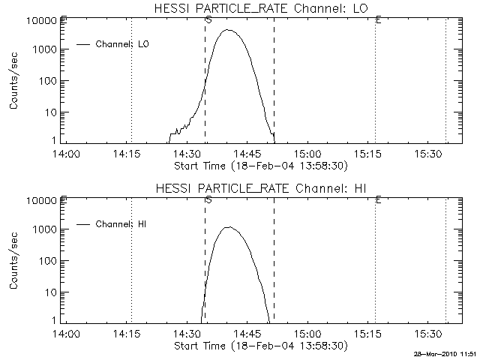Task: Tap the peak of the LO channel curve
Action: tap(228, 31)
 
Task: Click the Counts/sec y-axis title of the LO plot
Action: tap(14, 81)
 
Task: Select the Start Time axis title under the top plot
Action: tap(259, 166)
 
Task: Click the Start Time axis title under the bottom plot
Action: tap(259, 346)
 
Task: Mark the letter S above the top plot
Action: tap(208, 19)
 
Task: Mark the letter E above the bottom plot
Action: tap(378, 199)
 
